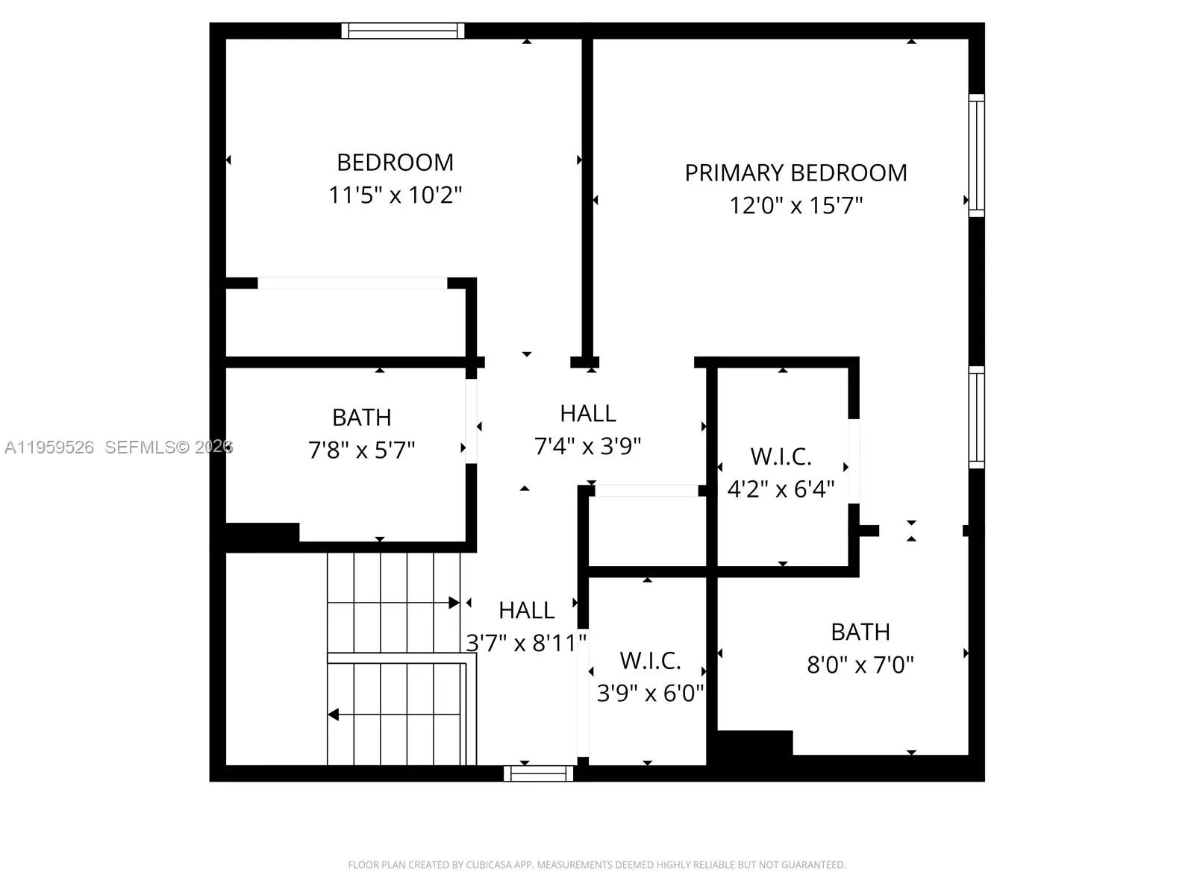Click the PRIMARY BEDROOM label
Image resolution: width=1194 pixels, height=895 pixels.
click(x=796, y=173)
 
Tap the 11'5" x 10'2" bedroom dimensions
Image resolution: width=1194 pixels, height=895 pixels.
click(x=396, y=195)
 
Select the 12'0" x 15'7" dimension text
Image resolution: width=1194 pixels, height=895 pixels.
click(x=796, y=205)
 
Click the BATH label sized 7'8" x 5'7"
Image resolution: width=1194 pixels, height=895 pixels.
click(x=361, y=418)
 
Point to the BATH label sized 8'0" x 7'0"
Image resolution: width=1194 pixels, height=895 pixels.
click(x=860, y=632)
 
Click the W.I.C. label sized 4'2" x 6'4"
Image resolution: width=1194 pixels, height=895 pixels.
click(x=781, y=456)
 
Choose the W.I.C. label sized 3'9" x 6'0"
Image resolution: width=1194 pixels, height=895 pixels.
click(x=650, y=661)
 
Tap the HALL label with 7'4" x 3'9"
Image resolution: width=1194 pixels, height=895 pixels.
click(x=588, y=413)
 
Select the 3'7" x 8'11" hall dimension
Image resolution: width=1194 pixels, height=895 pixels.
click(x=526, y=643)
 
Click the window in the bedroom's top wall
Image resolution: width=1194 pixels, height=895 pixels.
click(x=403, y=31)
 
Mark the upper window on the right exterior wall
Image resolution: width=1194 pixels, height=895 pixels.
click(x=976, y=155)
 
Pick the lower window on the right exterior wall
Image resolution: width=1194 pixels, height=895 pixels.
click(x=976, y=418)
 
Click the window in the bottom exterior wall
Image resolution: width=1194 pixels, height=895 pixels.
click(x=538, y=773)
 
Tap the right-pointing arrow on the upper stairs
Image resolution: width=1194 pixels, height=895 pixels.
click(x=453, y=603)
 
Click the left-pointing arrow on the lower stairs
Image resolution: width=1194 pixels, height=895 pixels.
click(x=334, y=715)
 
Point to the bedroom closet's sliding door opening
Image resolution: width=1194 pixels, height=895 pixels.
click(x=352, y=283)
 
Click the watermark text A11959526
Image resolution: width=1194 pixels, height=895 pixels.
click(x=49, y=447)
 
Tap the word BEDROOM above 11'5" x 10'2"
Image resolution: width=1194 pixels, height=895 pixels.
click(x=395, y=163)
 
